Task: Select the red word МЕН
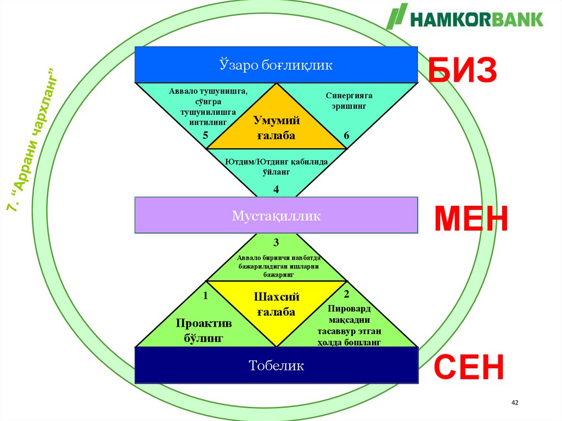click(471, 220)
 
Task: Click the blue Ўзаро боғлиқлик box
click(276, 65)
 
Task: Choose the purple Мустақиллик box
click(276, 215)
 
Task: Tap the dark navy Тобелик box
click(276, 365)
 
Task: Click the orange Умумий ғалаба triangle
click(277, 126)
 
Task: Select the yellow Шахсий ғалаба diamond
click(277, 306)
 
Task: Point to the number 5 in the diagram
click(205, 135)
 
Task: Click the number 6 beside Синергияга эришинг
click(346, 135)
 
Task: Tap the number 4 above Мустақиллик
click(276, 189)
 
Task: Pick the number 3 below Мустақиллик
click(276, 242)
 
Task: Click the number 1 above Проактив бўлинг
click(205, 296)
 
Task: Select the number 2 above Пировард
click(346, 295)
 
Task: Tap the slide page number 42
click(514, 403)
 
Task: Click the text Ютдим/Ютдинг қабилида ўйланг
click(276, 166)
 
